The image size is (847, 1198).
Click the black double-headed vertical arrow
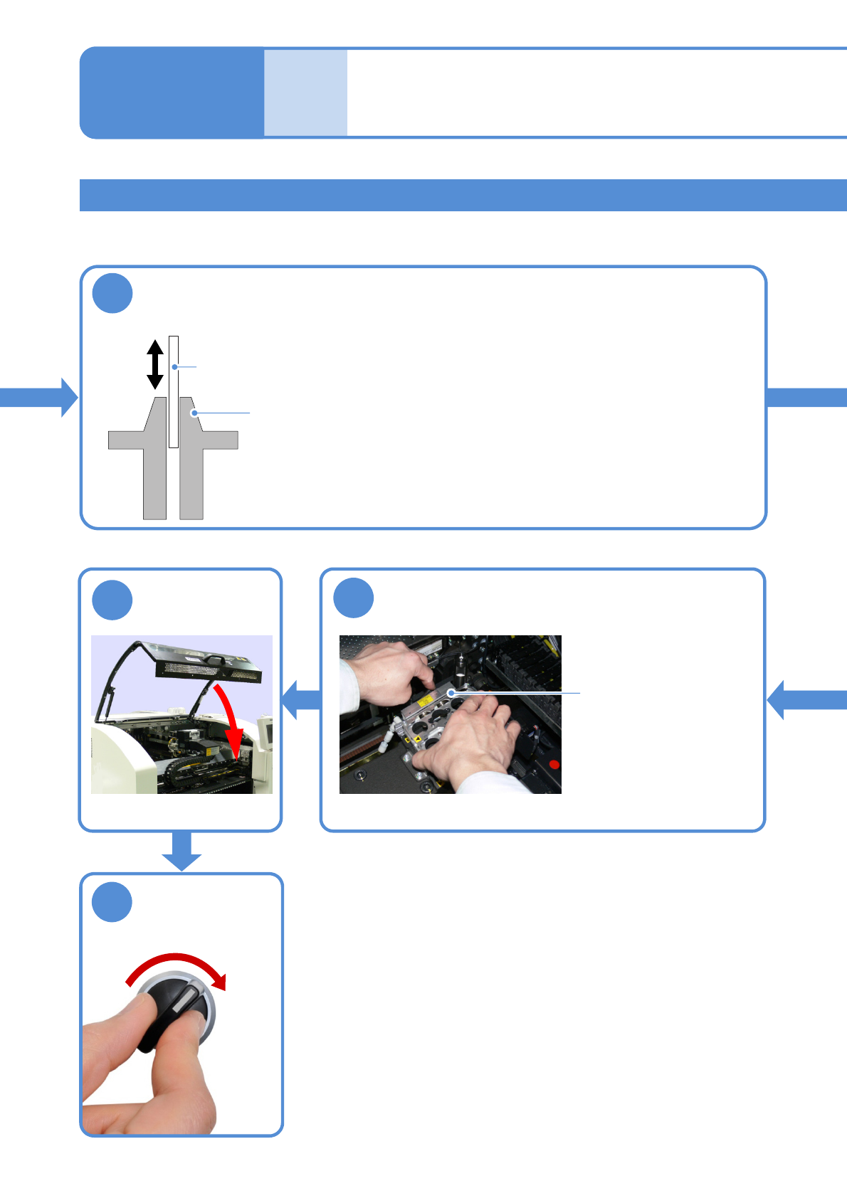pyautogui.click(x=155, y=364)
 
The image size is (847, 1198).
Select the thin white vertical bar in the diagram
pyautogui.click(x=174, y=391)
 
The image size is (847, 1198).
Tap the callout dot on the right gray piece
pyautogui.click(x=194, y=413)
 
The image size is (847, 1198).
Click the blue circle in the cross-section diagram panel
pyautogui.click(x=112, y=293)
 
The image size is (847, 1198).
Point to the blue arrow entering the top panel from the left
pyautogui.click(x=39, y=397)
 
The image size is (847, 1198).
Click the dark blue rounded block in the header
pyautogui.click(x=172, y=92)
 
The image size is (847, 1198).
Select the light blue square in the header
pyautogui.click(x=305, y=92)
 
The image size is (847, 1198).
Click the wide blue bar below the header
pyautogui.click(x=463, y=195)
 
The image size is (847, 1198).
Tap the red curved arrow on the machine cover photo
pyautogui.click(x=231, y=719)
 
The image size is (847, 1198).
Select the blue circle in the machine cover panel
pyautogui.click(x=112, y=600)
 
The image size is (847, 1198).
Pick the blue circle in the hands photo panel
pyautogui.click(x=354, y=598)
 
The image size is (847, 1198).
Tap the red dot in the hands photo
pyautogui.click(x=554, y=765)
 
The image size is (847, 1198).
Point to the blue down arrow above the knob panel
pyautogui.click(x=181, y=850)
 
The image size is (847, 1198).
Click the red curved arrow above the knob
pyautogui.click(x=178, y=964)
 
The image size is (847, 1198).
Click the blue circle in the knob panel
pyautogui.click(x=112, y=902)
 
